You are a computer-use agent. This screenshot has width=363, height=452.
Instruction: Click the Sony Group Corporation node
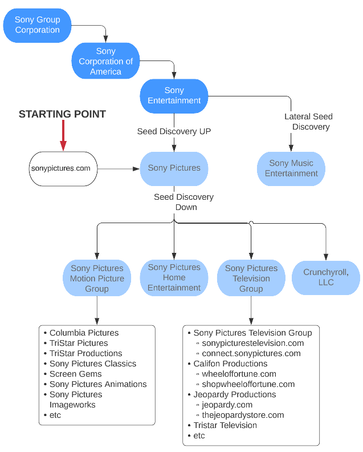pos(37,25)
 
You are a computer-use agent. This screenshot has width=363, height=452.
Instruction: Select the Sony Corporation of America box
pos(105,62)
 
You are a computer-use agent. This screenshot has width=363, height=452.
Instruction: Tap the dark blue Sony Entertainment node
pos(174,95)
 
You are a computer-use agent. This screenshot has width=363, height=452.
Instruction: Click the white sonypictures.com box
pos(63,168)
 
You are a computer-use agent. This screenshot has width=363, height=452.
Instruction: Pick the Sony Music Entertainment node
pos(291,168)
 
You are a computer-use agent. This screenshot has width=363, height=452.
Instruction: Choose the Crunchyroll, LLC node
pos(326,278)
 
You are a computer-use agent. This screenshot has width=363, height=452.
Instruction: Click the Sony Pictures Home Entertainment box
pos(174,277)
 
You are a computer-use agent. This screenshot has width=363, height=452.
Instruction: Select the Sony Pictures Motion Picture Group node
pos(96,279)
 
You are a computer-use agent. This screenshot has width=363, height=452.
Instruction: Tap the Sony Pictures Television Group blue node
pos(251,279)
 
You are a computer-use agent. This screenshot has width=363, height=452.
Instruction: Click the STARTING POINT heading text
pos(62,114)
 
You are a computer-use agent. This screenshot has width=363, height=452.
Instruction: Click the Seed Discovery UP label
pos(174,131)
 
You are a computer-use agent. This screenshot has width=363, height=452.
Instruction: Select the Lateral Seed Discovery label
pos(308,122)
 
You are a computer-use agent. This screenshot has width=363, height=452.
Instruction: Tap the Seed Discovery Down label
pos(183,202)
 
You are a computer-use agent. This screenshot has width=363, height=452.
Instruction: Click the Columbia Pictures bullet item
pos(84,333)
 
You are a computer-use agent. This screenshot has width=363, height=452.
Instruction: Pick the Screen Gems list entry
pos(75,374)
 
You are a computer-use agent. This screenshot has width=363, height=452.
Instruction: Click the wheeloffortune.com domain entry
pos(239,374)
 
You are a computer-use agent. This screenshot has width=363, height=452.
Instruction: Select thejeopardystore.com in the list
pos(243,415)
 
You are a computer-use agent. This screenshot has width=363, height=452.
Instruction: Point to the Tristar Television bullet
pos(225,425)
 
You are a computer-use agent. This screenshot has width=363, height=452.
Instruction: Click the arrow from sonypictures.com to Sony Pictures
pos(119,168)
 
